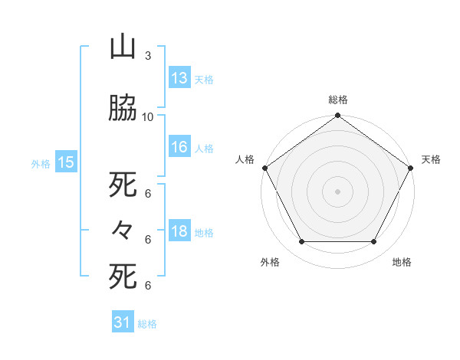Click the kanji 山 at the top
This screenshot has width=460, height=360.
(x=123, y=47)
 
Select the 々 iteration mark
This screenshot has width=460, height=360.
(x=123, y=230)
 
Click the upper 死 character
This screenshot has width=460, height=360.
(x=123, y=185)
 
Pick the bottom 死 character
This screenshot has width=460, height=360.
(x=123, y=276)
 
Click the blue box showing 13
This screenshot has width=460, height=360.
(x=179, y=78)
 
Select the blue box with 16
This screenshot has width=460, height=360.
(x=179, y=148)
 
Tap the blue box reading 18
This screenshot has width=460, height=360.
(x=179, y=232)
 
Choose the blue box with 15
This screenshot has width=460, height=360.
(x=65, y=162)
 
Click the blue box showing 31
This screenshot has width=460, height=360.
(x=123, y=322)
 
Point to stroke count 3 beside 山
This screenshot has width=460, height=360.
(x=147, y=56)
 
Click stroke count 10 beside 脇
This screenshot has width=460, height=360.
(x=147, y=117)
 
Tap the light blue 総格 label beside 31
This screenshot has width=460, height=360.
(x=147, y=324)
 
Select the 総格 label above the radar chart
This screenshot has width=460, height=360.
(x=337, y=100)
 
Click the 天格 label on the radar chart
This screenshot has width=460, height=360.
(x=431, y=159)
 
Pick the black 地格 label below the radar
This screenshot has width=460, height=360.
(x=402, y=262)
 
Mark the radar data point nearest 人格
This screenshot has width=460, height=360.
(x=264, y=168)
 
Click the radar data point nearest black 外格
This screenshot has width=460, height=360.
(x=301, y=242)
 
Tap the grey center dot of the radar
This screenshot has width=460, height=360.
(x=337, y=191)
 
